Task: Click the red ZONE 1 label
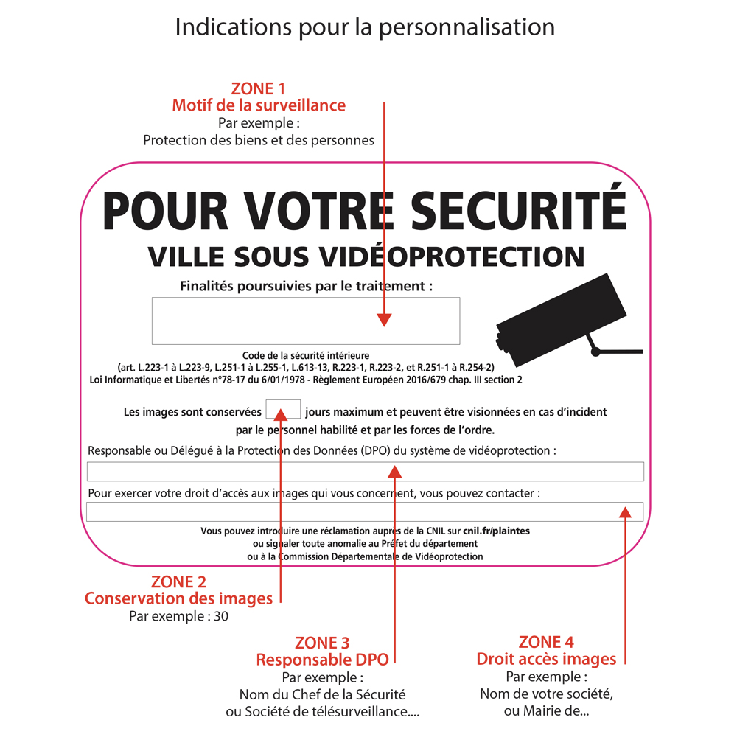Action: (258, 89)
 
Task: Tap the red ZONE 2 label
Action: (178, 581)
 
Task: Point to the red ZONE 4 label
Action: (546, 642)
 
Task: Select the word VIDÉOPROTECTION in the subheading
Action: (452, 256)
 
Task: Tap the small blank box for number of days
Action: (283, 409)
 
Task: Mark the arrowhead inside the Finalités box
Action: (384, 320)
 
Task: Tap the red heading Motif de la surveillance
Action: (259, 105)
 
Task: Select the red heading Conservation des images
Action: (178, 598)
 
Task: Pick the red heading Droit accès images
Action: (546, 659)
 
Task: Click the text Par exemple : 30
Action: (178, 616)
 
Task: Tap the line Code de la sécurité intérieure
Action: (306, 355)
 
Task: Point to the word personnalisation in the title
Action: (467, 27)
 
